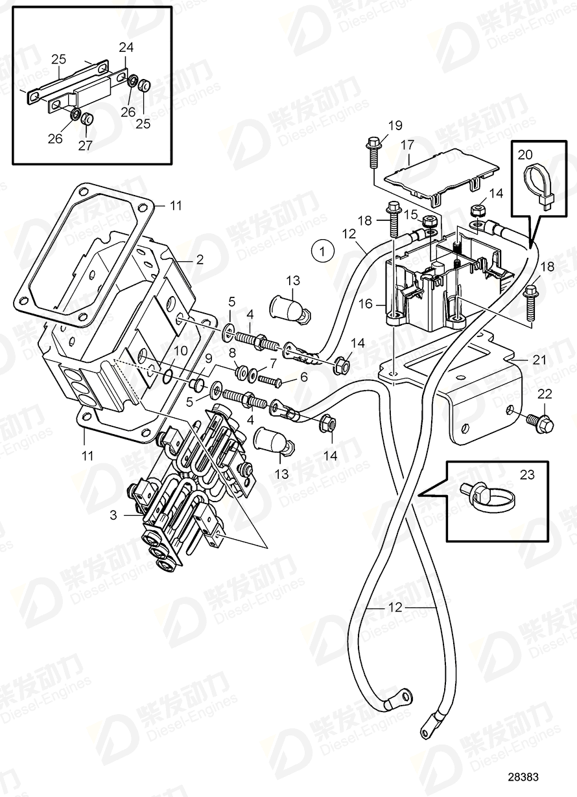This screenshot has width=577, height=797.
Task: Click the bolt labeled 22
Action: click(x=543, y=424)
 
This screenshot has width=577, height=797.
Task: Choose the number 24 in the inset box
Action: click(x=127, y=47)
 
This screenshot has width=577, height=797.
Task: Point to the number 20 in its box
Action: click(x=525, y=154)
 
